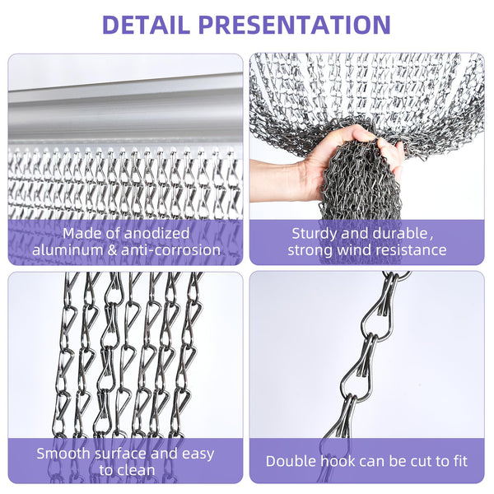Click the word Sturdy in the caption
tap(315, 233)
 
